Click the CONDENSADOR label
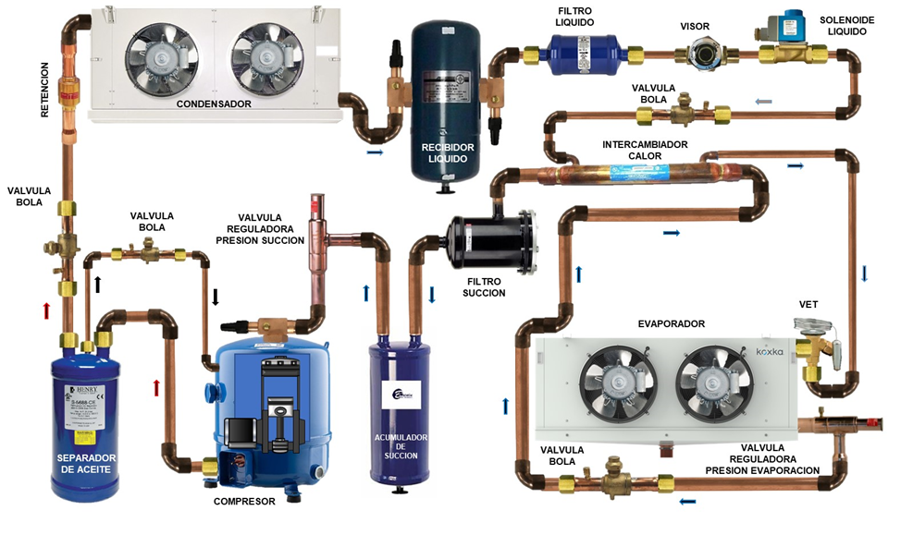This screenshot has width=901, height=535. [214, 104]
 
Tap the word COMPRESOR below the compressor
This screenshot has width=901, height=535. [245, 502]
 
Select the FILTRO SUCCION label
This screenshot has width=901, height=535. [484, 286]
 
